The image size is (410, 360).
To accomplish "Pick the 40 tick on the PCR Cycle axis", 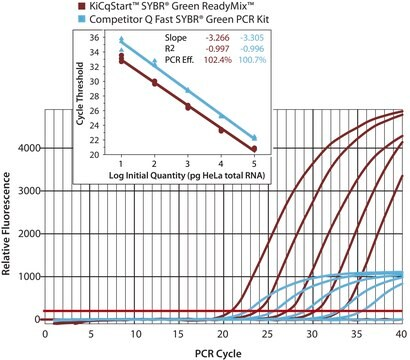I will (402, 333).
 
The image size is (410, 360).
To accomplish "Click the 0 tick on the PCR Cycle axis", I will (44, 333).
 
